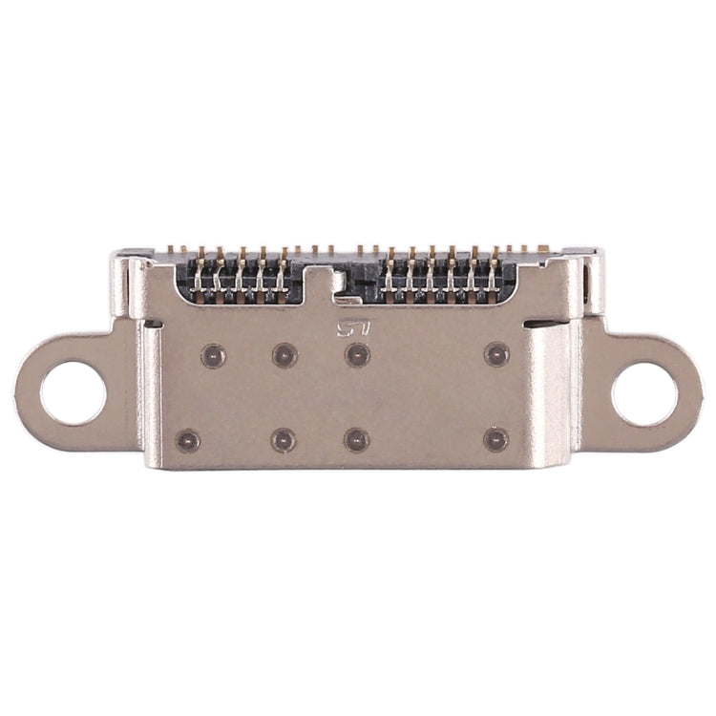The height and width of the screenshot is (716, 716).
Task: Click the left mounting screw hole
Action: coord(73,392)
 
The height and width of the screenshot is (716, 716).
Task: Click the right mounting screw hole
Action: coord(643,392)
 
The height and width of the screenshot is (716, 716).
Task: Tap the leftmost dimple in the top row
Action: coord(212,356)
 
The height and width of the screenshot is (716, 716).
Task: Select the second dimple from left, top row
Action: coord(284,355)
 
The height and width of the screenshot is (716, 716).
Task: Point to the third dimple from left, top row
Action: coord(357,355)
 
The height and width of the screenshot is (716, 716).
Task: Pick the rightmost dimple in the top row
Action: coord(496,355)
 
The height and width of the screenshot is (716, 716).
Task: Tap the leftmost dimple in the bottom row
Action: coord(188,441)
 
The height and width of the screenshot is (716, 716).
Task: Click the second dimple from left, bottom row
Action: coord(284,440)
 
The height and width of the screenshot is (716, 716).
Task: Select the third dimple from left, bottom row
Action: coord(356,440)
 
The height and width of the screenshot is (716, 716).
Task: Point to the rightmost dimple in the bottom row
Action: coord(495,439)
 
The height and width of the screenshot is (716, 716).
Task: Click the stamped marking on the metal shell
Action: coord(351,329)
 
